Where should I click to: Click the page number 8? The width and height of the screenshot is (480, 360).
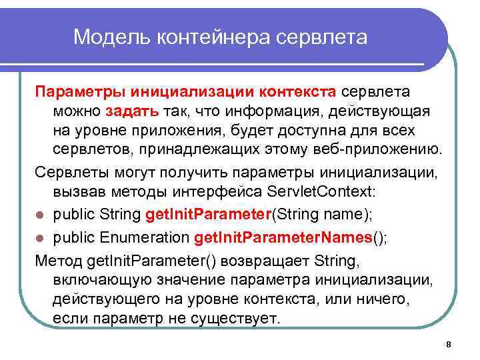[448, 344]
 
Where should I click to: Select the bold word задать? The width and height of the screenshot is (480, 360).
[131, 109]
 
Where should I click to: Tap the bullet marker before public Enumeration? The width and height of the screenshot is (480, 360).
[41, 237]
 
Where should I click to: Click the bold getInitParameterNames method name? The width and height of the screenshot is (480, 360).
[283, 236]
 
